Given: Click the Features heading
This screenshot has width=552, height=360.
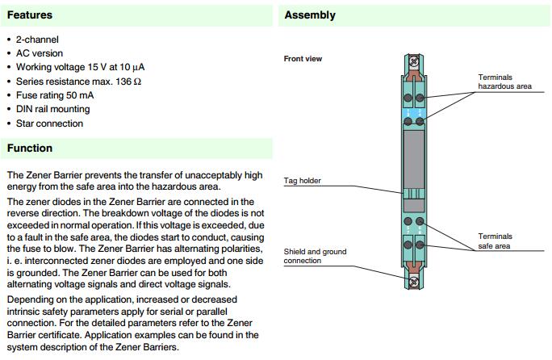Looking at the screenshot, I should [x=30, y=15].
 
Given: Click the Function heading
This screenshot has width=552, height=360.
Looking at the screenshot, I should [x=30, y=149].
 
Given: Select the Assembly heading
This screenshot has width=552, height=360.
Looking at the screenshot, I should [x=310, y=15].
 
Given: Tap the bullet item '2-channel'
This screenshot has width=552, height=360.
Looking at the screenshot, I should [x=37, y=40].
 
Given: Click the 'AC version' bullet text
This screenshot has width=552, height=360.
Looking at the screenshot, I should [x=39, y=53].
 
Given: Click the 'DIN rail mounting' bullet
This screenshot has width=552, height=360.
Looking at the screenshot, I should [x=52, y=109].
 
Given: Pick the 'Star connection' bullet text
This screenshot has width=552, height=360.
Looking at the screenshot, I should [x=49, y=123].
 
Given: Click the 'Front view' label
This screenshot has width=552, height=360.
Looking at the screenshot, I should [x=303, y=59].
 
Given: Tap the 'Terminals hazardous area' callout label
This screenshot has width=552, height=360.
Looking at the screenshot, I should [x=504, y=81].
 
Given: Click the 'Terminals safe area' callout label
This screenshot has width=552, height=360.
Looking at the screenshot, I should [x=495, y=241].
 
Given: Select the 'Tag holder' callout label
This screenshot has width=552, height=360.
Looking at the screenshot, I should [x=303, y=181].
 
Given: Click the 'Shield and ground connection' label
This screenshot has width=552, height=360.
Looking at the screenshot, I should [x=315, y=256].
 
